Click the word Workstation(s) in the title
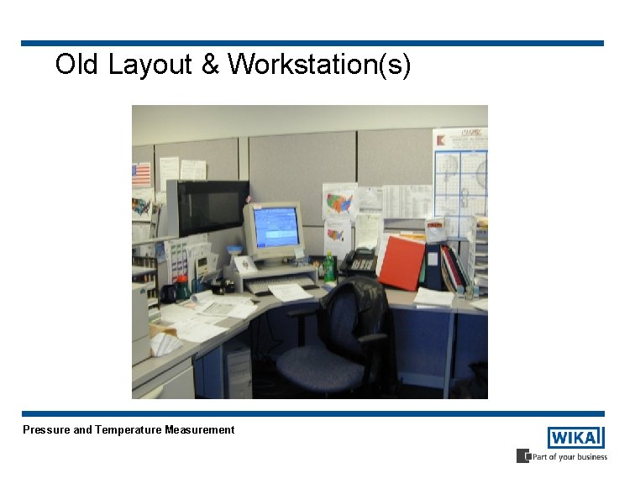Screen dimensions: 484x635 (x=319, y=65)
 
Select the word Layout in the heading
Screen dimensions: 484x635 (x=150, y=65)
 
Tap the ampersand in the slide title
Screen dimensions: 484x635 (x=210, y=65)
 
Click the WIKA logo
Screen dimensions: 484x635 (x=575, y=438)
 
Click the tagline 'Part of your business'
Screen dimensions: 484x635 (x=569, y=457)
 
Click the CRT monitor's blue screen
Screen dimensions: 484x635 (x=276, y=226)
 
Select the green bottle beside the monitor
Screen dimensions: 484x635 (x=329, y=269)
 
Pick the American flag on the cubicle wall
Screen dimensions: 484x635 (x=141, y=175)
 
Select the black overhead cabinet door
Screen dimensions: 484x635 (x=213, y=208)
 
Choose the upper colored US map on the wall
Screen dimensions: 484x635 (x=339, y=202)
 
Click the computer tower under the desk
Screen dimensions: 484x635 (x=237, y=371)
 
